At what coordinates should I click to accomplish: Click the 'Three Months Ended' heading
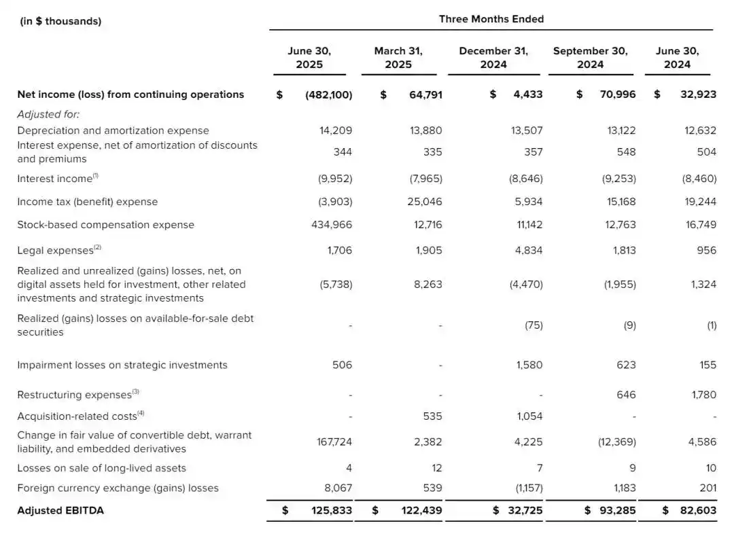tap(491, 19)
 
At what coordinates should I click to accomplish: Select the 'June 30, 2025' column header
tap(309, 58)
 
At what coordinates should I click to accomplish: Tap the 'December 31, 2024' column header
tap(493, 58)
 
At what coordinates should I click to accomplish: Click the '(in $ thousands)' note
tap(60, 21)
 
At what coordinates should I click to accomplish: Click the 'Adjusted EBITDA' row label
tap(60, 510)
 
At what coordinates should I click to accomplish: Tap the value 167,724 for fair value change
tap(334, 442)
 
